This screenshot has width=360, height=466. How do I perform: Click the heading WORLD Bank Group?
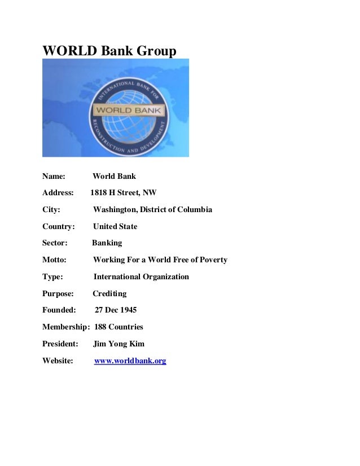pos(109,51)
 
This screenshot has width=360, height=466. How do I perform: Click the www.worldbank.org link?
pos(130,361)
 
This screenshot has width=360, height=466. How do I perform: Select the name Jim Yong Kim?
pos(118,344)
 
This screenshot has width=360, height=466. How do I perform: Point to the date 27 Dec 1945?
pos(116,310)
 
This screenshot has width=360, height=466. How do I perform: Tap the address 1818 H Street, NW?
pos(124,192)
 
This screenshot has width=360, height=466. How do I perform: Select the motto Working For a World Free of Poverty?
pos(160,260)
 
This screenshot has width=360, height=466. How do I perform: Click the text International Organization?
pos(141,276)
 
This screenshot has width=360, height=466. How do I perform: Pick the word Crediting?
pos(109,293)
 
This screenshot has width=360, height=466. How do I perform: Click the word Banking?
pos(107,243)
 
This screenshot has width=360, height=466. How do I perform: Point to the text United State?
pos(115,226)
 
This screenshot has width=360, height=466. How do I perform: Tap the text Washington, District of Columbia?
pos(152,209)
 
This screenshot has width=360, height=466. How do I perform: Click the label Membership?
pos(66,327)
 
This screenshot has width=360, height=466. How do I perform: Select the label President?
pos(60,344)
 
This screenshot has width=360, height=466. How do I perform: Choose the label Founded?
pos(59,310)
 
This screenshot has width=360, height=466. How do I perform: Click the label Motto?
pos(54,260)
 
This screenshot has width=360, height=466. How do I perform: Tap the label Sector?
pos(55,243)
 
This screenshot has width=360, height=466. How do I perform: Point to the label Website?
pos(58,361)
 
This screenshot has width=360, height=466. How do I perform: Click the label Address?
pos(58,192)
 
